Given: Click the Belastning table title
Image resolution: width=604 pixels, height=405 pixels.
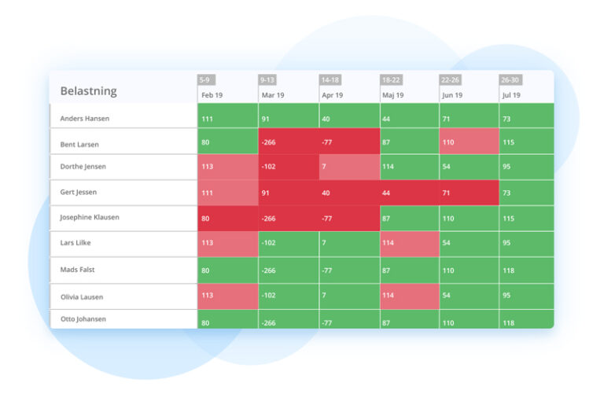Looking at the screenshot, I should (88, 90).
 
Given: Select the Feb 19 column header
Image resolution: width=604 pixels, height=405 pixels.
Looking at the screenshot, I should (212, 95).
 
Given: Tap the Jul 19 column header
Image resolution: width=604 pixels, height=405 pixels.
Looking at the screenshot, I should (511, 95).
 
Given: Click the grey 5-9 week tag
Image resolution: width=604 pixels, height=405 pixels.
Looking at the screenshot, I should (205, 79).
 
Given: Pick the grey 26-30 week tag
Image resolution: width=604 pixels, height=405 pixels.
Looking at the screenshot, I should (510, 79).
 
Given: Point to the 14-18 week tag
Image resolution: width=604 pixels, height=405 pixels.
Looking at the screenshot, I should (330, 79).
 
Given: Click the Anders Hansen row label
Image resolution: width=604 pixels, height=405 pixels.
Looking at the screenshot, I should (85, 119).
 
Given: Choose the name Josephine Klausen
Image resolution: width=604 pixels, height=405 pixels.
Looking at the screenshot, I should (90, 217).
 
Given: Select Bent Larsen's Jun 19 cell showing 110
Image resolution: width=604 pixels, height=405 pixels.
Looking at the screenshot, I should (469, 142).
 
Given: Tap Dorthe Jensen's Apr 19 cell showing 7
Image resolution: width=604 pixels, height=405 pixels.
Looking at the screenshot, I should (349, 167).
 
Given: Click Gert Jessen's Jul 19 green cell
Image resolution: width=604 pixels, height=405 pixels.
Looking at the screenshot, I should (526, 193).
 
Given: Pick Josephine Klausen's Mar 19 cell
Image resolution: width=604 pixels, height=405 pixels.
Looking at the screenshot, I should (289, 218).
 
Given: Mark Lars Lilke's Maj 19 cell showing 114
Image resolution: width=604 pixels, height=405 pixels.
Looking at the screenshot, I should (409, 244).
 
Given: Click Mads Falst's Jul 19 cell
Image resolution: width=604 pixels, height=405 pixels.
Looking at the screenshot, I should (526, 270).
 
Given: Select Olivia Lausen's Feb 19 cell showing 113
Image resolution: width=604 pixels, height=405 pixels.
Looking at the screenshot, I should (228, 296).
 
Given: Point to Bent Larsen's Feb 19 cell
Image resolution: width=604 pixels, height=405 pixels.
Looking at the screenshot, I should (228, 142).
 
